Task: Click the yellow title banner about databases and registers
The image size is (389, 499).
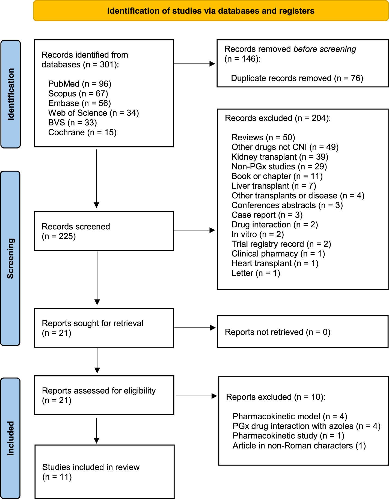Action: coord(211,11)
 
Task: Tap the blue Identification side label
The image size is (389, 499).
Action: coord(11,94)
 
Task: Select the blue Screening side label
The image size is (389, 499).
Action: coord(10,258)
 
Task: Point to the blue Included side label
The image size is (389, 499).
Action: coord(10,438)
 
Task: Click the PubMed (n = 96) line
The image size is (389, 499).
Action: coord(80,84)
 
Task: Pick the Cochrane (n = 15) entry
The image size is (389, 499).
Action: coord(82,132)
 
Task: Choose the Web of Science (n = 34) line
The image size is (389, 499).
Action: coord(93,113)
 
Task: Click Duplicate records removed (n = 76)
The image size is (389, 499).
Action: coord(297,78)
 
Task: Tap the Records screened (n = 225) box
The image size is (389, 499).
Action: coord(104,231)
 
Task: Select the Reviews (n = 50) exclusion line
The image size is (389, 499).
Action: coord(263,137)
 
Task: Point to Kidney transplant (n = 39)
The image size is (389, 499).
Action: coord(280,157)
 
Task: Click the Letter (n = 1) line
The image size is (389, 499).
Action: coord(256,273)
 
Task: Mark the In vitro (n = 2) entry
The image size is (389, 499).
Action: coord(258,234)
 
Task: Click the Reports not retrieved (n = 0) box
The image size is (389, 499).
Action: coord(302,332)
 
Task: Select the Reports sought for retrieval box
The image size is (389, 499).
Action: coord(104,328)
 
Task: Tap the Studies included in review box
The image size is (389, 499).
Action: coord(104,472)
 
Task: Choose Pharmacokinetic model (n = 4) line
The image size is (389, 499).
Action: coord(290,417)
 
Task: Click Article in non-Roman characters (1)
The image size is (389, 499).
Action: coord(299,446)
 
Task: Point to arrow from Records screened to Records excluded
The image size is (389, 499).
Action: coord(194,230)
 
